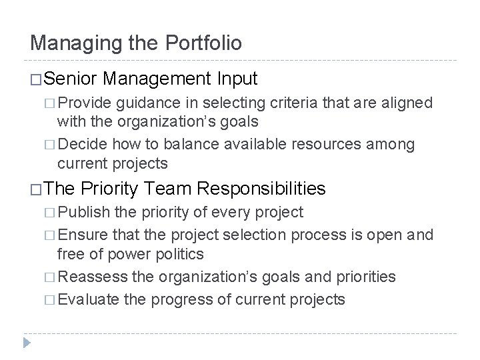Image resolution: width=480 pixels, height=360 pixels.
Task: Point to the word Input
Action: pos(237,79)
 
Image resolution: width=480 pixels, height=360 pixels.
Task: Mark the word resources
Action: pos(309,145)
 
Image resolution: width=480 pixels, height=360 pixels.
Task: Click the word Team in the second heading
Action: pos(171,189)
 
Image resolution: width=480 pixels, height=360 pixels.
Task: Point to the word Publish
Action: pos(86,213)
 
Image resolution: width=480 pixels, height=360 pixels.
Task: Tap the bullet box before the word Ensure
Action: pos(52,234)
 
